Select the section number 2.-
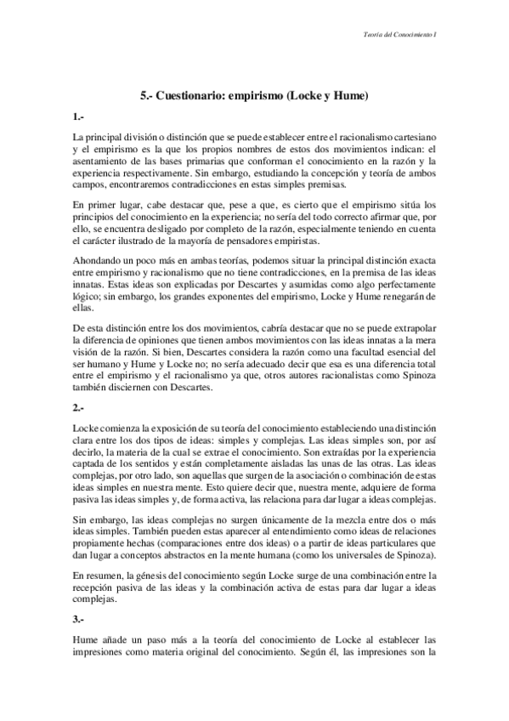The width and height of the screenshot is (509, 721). pyautogui.click(x=78, y=408)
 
